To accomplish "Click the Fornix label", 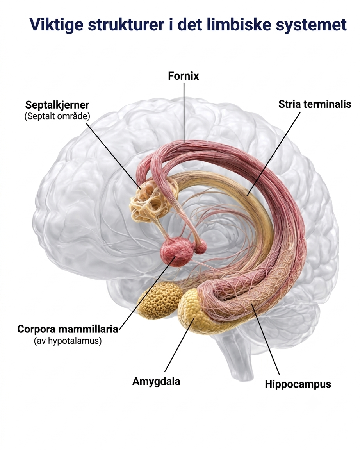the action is click(183, 76).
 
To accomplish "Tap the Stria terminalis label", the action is click(315, 104).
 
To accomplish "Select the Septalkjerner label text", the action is click(57, 105).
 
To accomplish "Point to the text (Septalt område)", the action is click(57, 116).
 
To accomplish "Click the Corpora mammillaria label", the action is click(68, 329).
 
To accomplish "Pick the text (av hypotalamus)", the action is click(68, 341).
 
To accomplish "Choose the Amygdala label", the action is click(156, 381).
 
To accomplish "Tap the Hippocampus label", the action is click(298, 384).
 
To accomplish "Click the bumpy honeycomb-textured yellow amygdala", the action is click(159, 300).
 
